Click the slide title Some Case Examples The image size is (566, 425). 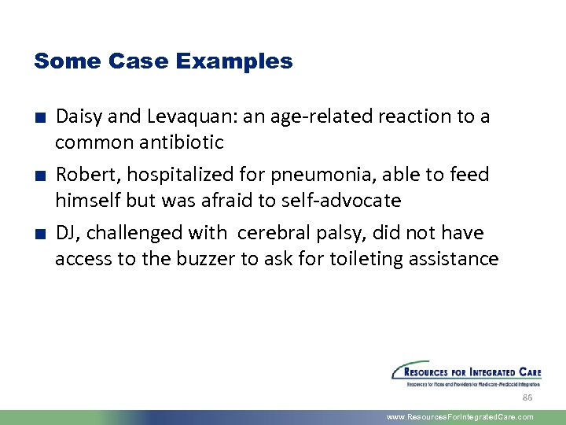pos(163,61)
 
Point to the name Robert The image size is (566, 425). pos(81,175)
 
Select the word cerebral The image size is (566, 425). pos(270,233)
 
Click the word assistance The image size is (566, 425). pos(462,259)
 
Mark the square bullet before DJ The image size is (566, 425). pos(39,235)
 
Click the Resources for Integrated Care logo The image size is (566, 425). pos(466,373)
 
